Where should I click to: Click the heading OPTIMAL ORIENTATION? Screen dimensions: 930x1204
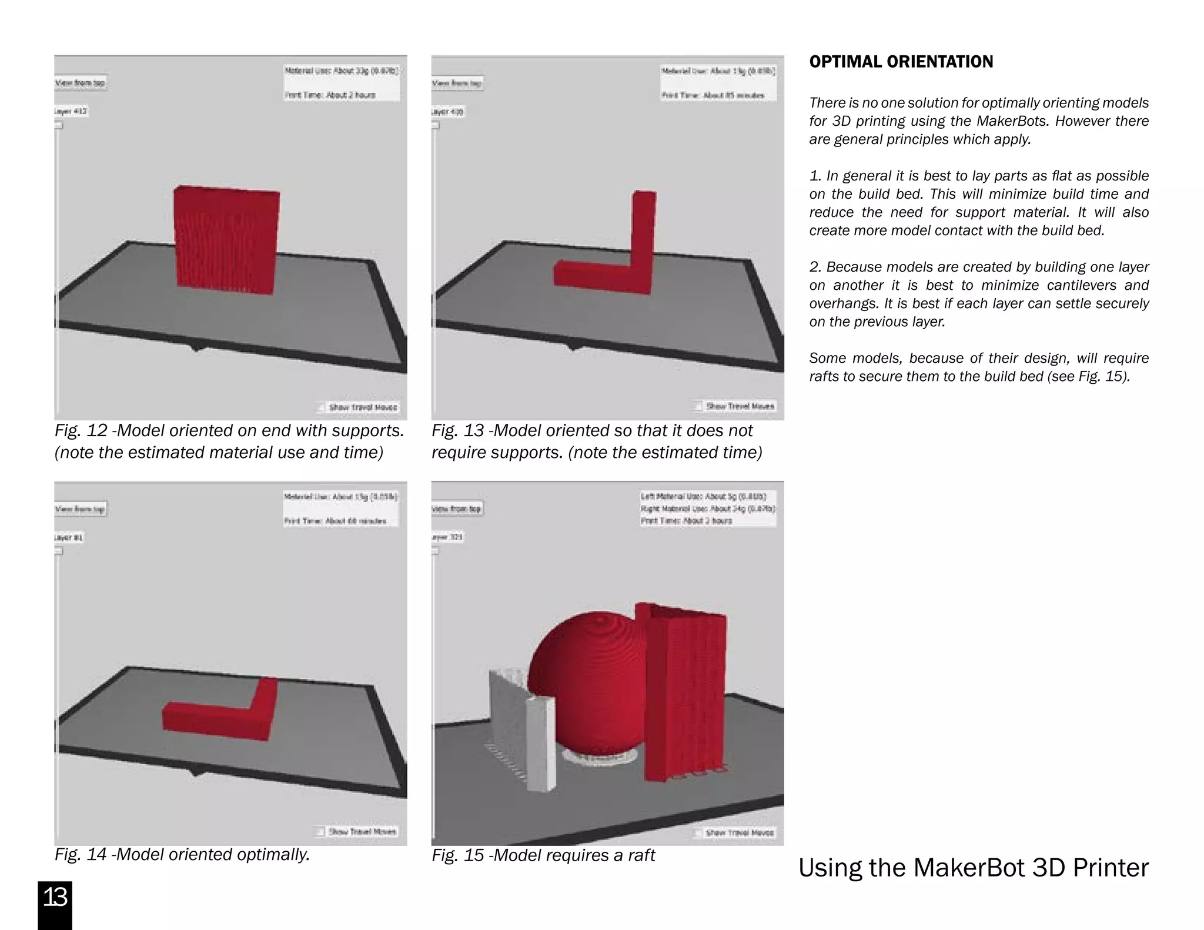(901, 62)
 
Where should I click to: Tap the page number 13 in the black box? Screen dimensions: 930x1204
(55, 898)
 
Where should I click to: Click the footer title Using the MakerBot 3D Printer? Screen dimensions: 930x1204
(973, 868)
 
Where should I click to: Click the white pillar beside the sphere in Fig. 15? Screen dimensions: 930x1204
(541, 744)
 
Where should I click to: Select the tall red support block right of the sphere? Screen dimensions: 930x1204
(685, 694)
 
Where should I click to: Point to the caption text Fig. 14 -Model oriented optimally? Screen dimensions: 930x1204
(182, 854)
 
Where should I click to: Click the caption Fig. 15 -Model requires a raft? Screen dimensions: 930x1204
(543, 855)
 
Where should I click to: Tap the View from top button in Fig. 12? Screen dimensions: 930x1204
(81, 83)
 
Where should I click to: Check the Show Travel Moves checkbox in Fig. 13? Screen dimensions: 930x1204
(697, 406)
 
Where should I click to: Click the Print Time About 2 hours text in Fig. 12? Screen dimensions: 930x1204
(330, 95)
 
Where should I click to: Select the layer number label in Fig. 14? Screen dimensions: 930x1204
(69, 537)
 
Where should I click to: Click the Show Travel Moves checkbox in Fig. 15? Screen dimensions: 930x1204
(697, 832)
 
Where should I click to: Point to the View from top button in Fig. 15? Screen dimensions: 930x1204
(457, 509)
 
